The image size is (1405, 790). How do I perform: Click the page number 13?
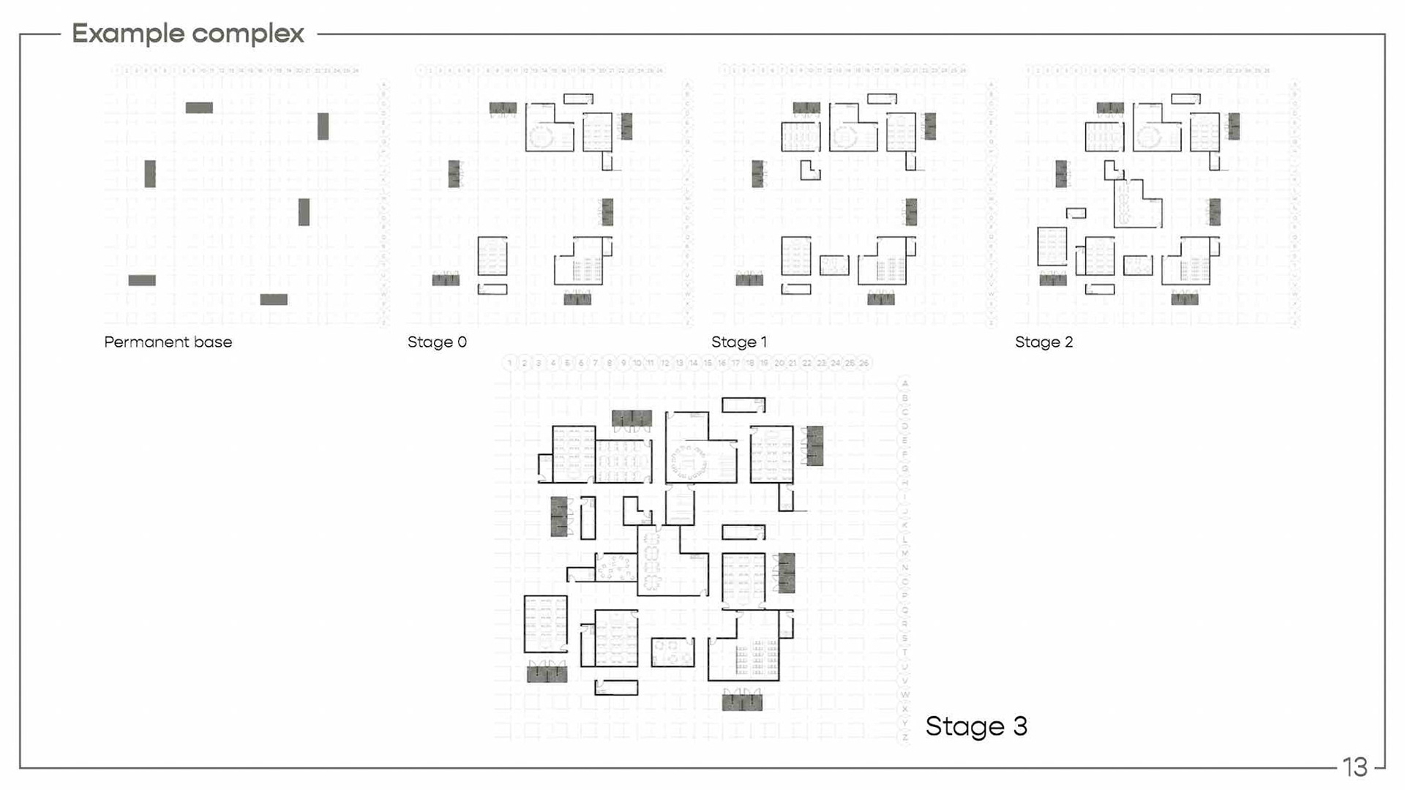coord(1355,767)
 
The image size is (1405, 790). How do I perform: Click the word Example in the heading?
coord(127,34)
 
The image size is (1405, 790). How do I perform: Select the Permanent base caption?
coord(168,342)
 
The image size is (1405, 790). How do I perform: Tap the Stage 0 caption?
coord(437,342)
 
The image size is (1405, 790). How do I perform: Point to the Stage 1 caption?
coord(739,342)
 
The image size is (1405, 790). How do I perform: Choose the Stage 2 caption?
coord(1044,342)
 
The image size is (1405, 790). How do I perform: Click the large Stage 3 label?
coord(976,726)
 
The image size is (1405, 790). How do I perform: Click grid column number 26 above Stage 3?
coord(864,363)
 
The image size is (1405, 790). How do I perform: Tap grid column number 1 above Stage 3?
coord(510,363)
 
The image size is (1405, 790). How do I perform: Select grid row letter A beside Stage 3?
coord(905,383)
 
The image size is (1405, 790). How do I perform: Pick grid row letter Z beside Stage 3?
coord(905,737)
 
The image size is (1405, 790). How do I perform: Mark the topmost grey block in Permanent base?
coord(199,108)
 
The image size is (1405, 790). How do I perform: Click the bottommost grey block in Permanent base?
coord(274,299)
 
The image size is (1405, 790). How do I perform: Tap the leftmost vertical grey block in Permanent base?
coord(150,173)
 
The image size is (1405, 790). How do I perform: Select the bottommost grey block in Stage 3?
coord(742,702)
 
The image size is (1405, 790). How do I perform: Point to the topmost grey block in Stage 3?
coord(632,418)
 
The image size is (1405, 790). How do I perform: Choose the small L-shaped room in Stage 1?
coord(809,171)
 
